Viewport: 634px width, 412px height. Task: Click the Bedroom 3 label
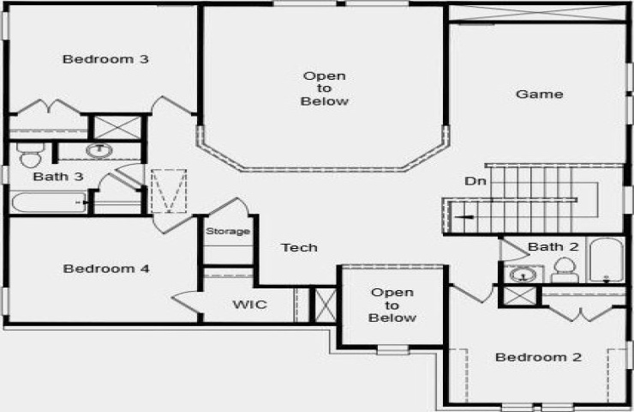105,59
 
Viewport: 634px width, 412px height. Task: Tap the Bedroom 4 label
106,269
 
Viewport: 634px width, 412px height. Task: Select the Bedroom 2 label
538,357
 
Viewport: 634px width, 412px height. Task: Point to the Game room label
540,94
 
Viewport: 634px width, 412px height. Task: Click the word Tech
299,247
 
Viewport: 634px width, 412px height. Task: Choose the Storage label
228,231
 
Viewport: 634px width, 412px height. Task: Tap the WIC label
249,304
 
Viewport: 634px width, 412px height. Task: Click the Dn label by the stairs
475,181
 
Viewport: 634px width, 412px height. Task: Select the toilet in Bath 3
29,154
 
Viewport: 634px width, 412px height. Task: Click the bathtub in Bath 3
48,203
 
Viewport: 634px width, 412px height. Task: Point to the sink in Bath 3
99,150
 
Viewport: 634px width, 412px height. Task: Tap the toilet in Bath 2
565,270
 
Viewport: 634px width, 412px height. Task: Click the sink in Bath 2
523,275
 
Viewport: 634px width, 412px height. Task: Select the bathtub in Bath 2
606,260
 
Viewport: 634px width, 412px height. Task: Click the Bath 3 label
58,177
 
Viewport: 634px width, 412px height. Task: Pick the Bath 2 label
553,246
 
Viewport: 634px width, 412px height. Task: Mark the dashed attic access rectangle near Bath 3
169,191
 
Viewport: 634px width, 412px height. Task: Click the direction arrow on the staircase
464,217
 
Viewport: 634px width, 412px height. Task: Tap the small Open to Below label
392,305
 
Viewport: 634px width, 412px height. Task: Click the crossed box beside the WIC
325,305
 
